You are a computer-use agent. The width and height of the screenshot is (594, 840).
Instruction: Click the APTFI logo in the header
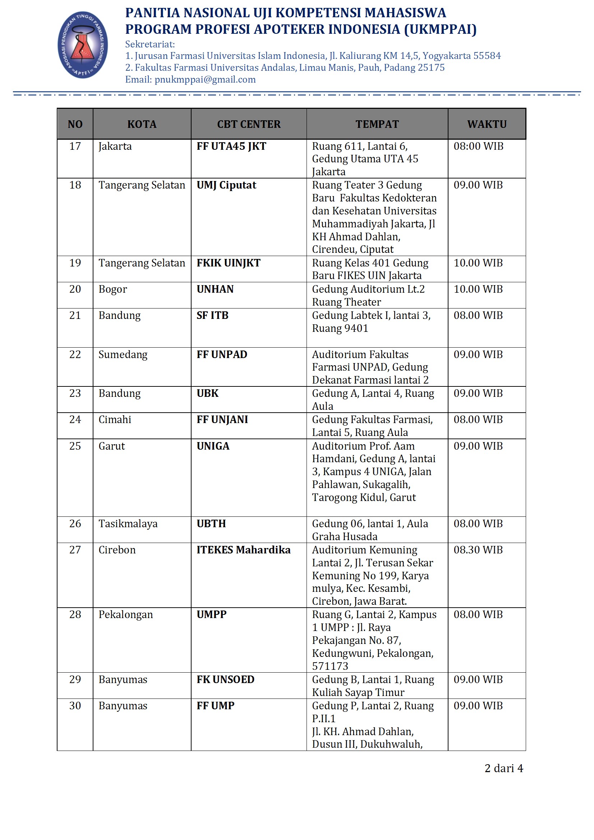83,45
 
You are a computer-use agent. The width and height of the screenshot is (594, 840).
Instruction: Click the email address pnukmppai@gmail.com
205,80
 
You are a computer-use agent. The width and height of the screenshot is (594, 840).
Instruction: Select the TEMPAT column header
377,124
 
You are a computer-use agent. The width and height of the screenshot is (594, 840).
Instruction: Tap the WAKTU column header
487,124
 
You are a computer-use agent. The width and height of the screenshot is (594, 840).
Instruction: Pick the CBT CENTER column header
249,124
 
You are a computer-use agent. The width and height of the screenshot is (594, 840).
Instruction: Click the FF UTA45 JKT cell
231,146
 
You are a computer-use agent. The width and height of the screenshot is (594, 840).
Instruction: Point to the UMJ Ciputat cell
226,185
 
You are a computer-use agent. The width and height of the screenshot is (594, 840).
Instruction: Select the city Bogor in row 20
113,289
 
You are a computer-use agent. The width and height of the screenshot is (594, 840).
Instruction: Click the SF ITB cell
212,315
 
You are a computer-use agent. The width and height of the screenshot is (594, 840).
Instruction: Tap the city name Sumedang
123,354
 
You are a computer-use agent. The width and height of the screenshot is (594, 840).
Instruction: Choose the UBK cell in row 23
207,393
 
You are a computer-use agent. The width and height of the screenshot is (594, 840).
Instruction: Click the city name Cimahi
115,419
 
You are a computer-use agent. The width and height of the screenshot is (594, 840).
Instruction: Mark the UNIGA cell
213,446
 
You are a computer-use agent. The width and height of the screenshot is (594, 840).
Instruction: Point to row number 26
75,524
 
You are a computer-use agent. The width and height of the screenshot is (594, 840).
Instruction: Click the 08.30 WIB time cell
478,550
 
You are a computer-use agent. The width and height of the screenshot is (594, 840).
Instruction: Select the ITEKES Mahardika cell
243,550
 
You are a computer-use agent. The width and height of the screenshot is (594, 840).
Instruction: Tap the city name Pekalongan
125,614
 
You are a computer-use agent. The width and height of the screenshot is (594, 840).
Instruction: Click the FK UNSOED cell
225,679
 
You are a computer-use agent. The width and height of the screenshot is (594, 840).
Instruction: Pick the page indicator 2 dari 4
503,768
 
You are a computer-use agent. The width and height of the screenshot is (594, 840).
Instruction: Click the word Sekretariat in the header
150,45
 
